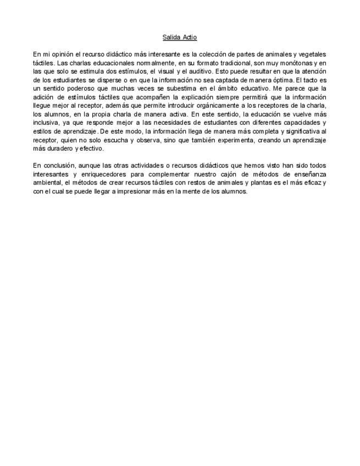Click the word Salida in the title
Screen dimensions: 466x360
tap(172, 37)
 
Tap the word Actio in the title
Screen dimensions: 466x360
tap(189, 37)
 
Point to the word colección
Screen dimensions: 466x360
tap(213, 54)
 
